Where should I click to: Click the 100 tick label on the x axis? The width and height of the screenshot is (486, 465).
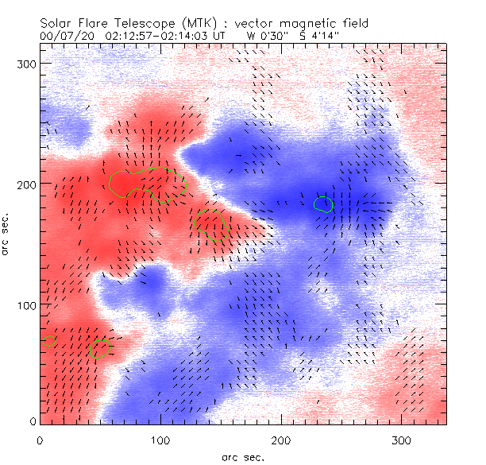tap(160, 439)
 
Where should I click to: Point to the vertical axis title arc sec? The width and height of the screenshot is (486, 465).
tap(7, 235)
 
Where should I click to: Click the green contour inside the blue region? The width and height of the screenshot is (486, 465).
tap(323, 205)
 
